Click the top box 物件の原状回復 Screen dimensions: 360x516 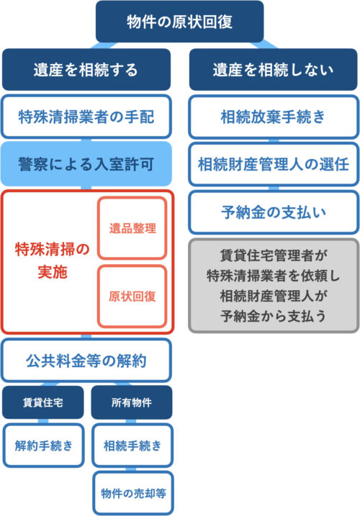click(x=179, y=22)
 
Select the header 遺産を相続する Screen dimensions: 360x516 click(x=86, y=69)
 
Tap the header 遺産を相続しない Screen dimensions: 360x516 click(x=273, y=69)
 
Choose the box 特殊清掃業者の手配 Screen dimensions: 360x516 click(x=86, y=117)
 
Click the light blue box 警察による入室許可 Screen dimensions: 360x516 click(x=86, y=164)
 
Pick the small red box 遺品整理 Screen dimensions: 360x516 click(x=132, y=228)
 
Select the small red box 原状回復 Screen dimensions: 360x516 click(x=132, y=297)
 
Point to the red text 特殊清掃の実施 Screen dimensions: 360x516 click(x=53, y=261)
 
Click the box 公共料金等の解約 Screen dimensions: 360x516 click(x=86, y=361)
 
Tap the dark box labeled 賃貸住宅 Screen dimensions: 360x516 click(x=42, y=402)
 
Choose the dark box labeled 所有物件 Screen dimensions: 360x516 click(x=132, y=402)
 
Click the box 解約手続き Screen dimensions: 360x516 click(x=43, y=445)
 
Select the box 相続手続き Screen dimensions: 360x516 click(x=132, y=445)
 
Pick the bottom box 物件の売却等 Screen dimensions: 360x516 click(x=133, y=493)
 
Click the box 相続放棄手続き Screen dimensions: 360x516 click(x=273, y=117)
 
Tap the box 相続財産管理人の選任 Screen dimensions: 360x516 click(x=273, y=164)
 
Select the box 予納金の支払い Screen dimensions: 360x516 click(x=273, y=212)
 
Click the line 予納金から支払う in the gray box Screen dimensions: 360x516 click(x=273, y=316)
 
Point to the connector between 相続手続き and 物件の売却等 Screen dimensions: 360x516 click(x=131, y=469)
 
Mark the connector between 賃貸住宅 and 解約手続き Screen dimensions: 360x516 click(x=42, y=421)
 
